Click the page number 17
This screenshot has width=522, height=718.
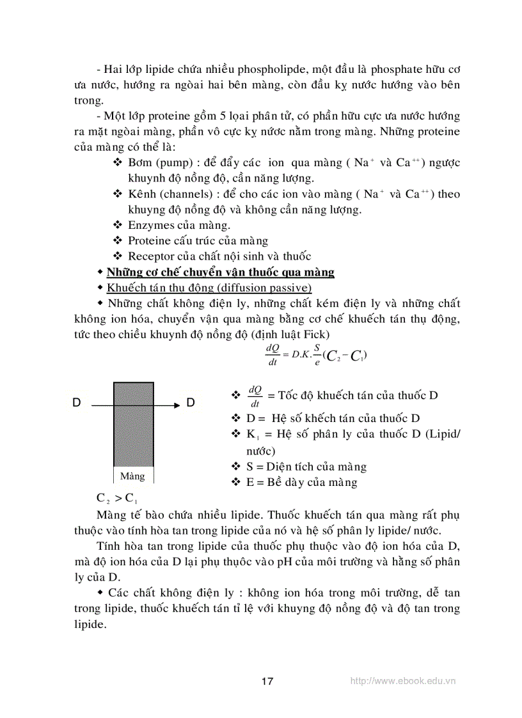pos(267,681)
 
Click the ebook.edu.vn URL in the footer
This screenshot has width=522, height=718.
pos(403,681)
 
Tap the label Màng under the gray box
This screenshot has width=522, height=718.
pos(133,476)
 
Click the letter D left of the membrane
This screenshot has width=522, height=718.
pos(77,403)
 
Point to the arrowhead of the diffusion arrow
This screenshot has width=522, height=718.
pos(175,404)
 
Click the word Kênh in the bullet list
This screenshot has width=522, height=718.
pos(142,194)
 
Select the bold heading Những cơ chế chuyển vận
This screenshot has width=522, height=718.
pos(220,272)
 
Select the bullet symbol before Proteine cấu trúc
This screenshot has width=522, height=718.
pos(117,241)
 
